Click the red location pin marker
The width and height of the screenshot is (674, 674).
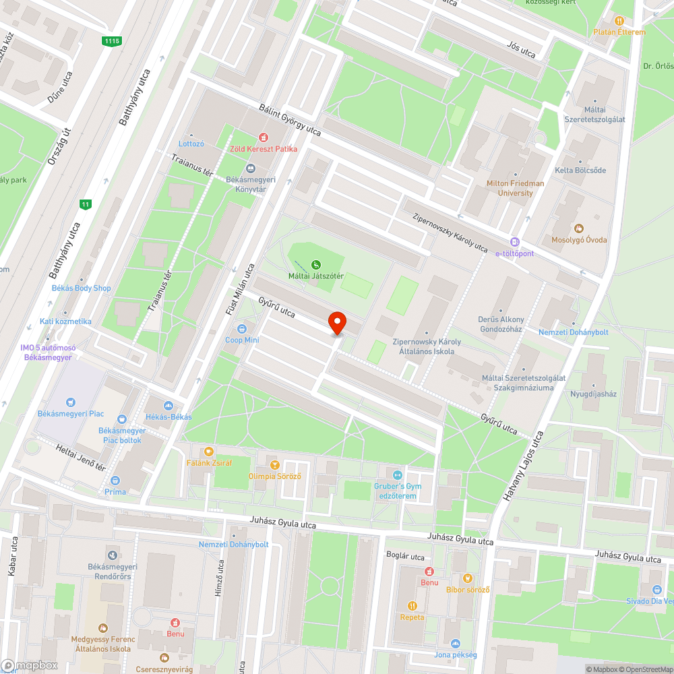coord(336,324)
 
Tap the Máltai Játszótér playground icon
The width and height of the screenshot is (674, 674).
coord(315,264)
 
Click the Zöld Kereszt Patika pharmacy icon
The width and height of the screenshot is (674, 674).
coord(264,137)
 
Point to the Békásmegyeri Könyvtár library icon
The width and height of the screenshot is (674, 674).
coord(251,168)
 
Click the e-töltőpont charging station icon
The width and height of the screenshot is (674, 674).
coord(515,242)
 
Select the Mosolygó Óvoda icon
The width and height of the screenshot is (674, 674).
coord(577,228)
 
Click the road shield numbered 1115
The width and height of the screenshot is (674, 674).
coord(112,42)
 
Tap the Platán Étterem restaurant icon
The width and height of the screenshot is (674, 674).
coord(619,21)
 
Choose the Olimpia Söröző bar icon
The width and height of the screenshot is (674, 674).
coord(274,465)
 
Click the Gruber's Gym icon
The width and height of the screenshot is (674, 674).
coord(397,475)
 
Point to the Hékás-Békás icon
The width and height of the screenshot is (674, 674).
coord(168,405)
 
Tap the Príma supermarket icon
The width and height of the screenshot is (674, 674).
coord(115,481)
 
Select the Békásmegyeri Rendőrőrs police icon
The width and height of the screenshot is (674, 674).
coord(112,555)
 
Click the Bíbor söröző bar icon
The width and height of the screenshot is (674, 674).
coord(467,578)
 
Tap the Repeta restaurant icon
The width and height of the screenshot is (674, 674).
coord(412,605)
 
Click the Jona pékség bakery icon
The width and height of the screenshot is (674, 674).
coord(455,644)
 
